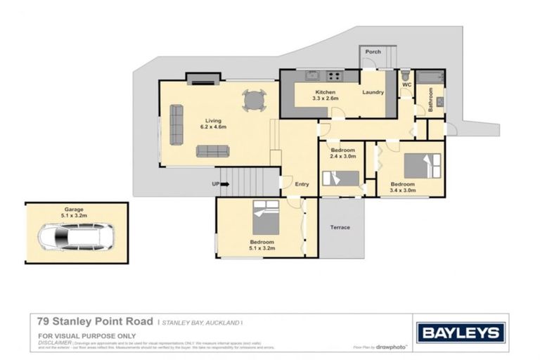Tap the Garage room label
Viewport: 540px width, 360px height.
tap(76, 209)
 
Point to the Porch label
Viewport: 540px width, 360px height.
tap(373, 51)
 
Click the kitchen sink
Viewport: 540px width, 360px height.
tap(312, 76)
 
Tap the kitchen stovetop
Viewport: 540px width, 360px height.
tap(333, 76)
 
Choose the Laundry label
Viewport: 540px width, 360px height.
tap(373, 92)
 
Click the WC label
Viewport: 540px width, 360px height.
tap(406, 85)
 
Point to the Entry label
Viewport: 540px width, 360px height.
tap(302, 184)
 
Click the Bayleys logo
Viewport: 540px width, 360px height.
tap(461, 333)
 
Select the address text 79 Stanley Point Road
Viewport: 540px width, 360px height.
tap(95, 321)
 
